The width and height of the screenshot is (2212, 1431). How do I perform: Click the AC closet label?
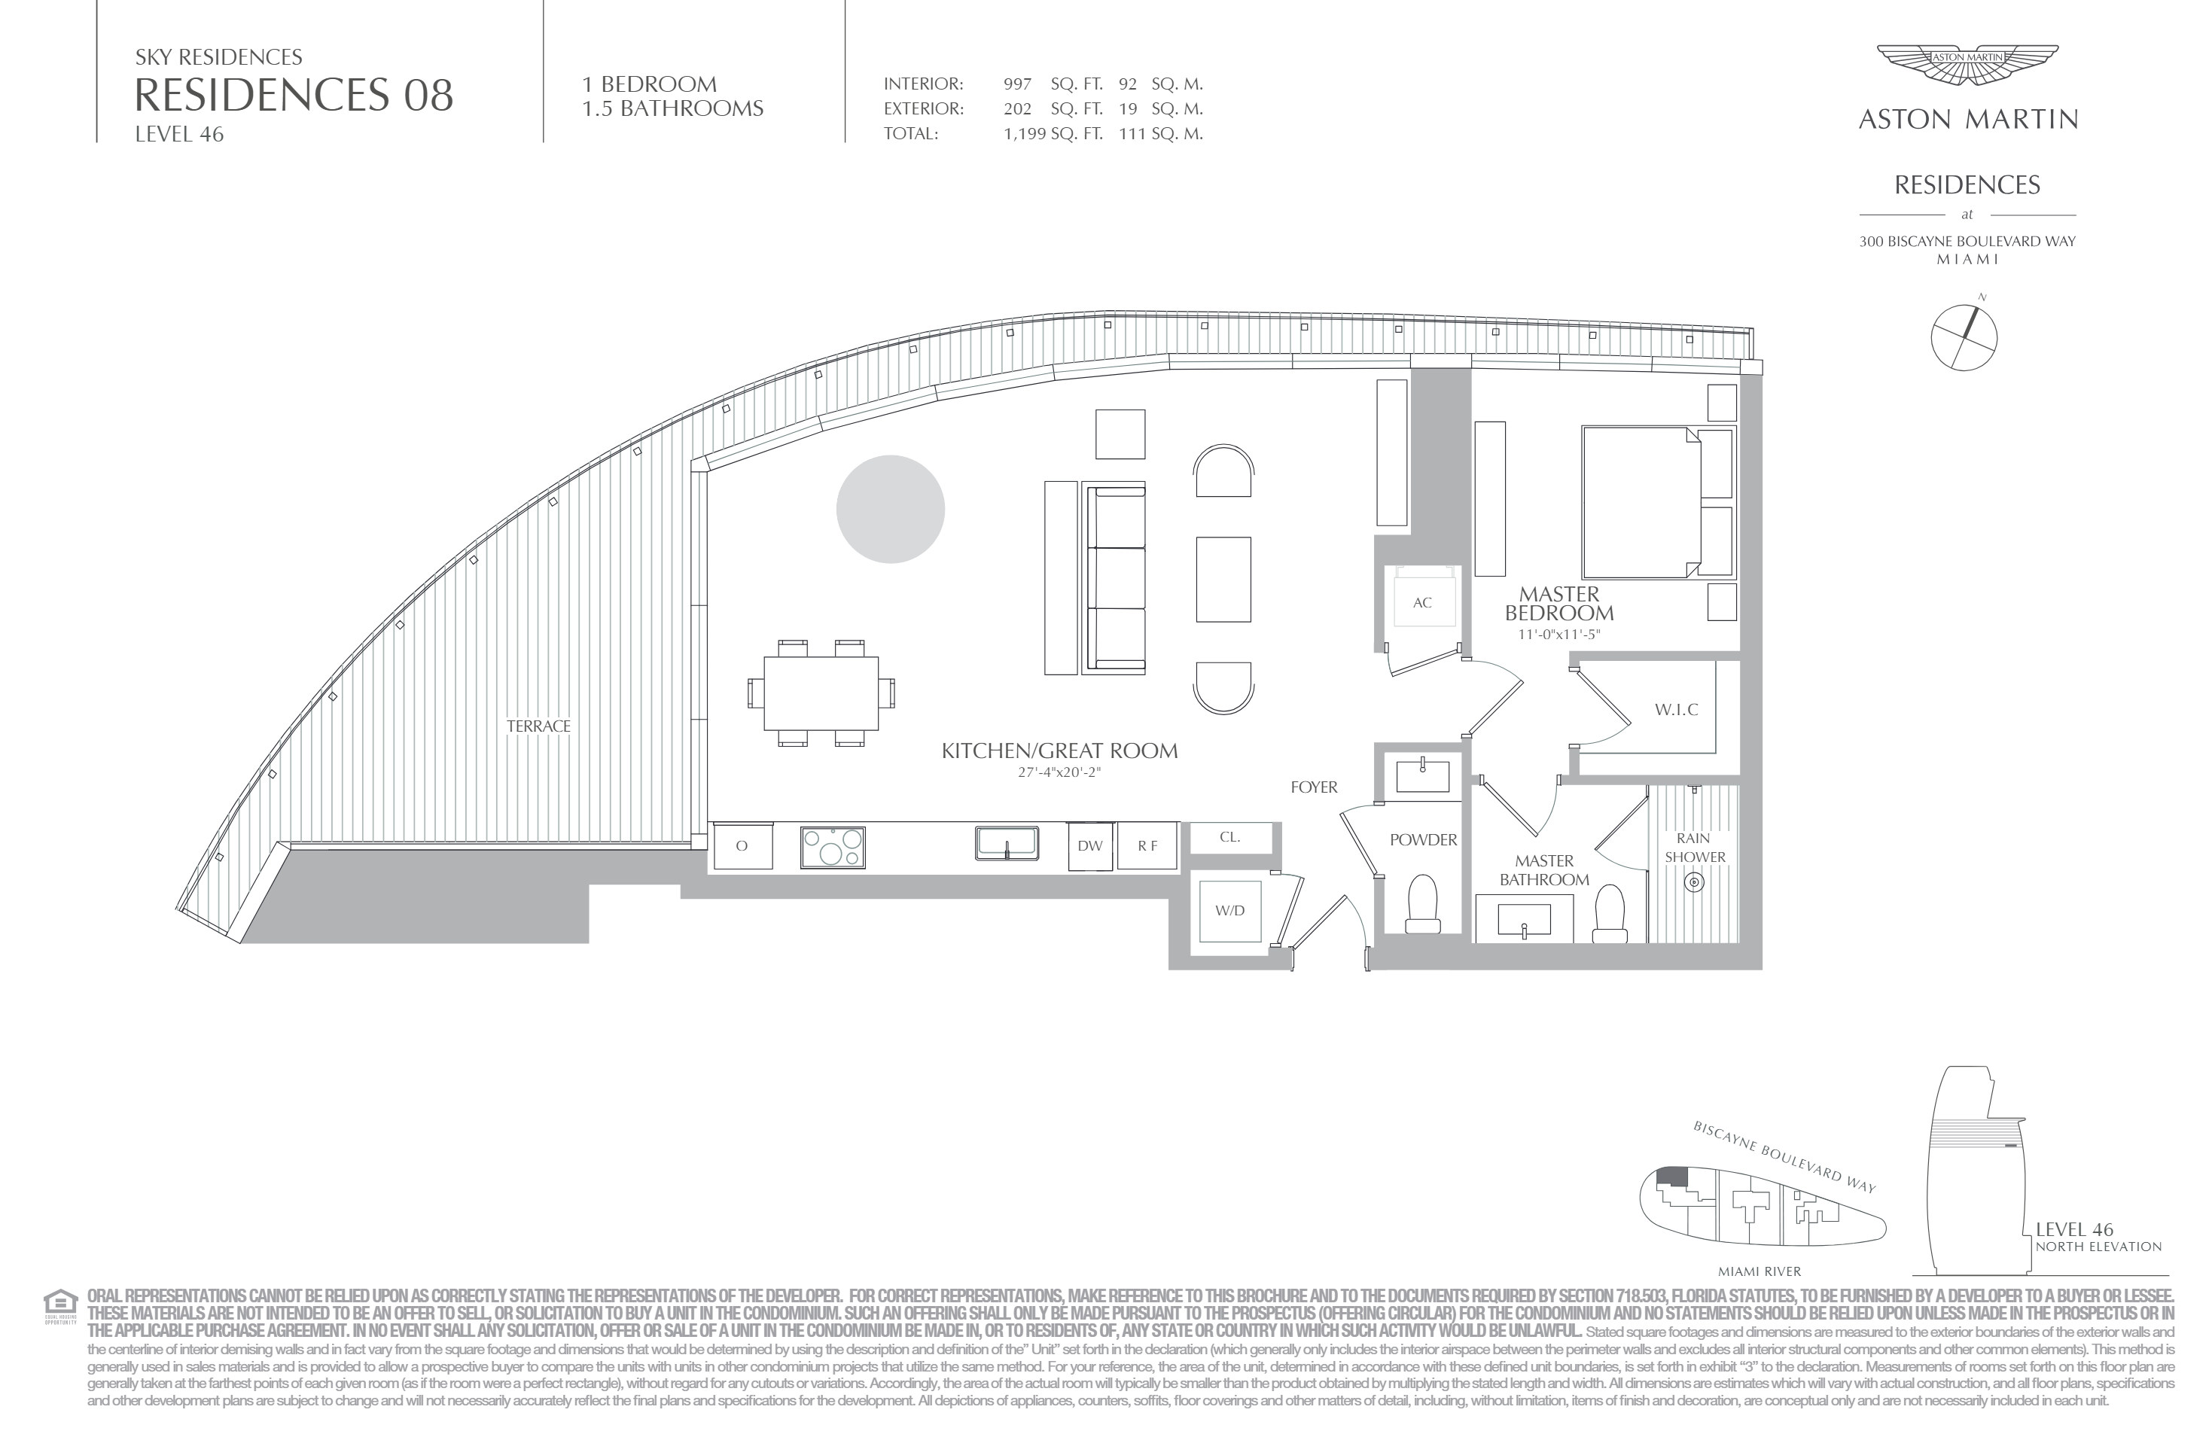click(1422, 602)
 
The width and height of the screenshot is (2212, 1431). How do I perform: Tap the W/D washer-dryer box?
click(1229, 911)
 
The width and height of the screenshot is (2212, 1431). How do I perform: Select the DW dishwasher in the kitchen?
click(1090, 845)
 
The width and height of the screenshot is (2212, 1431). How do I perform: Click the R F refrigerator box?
click(1147, 845)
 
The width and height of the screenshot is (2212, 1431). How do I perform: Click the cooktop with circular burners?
click(833, 848)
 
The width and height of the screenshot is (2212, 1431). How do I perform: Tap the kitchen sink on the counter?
click(1007, 844)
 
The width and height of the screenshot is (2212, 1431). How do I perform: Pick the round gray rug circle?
click(891, 509)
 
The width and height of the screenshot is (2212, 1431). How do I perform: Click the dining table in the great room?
click(821, 693)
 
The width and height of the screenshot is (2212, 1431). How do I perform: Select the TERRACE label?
click(539, 726)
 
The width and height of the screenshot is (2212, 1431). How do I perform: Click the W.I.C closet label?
click(1676, 710)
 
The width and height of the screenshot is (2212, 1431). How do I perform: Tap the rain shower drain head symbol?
click(1694, 881)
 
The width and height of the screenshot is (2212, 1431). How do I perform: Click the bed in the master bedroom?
click(1657, 502)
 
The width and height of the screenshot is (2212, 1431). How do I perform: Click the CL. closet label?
click(1229, 837)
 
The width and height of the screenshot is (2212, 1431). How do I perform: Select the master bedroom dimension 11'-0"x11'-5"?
click(1558, 635)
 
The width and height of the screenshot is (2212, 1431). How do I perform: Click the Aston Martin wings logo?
click(1967, 67)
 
